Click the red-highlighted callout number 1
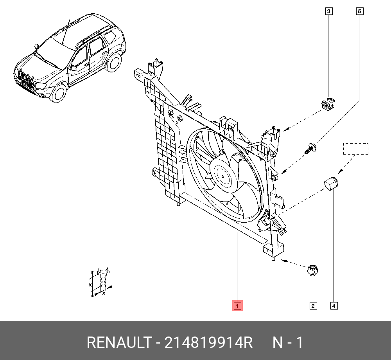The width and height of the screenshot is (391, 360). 237,305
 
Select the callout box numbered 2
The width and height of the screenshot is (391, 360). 313,306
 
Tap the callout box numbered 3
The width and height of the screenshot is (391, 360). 329,11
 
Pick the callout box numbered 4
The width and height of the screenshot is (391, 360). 334,306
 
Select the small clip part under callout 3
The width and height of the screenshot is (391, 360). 329,104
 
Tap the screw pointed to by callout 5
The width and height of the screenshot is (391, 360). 311,148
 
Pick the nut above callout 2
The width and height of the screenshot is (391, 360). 313,270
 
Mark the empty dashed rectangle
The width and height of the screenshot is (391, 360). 355,149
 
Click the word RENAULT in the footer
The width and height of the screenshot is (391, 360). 118,343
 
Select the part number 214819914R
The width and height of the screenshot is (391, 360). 208,343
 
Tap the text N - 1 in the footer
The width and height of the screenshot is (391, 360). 287,343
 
